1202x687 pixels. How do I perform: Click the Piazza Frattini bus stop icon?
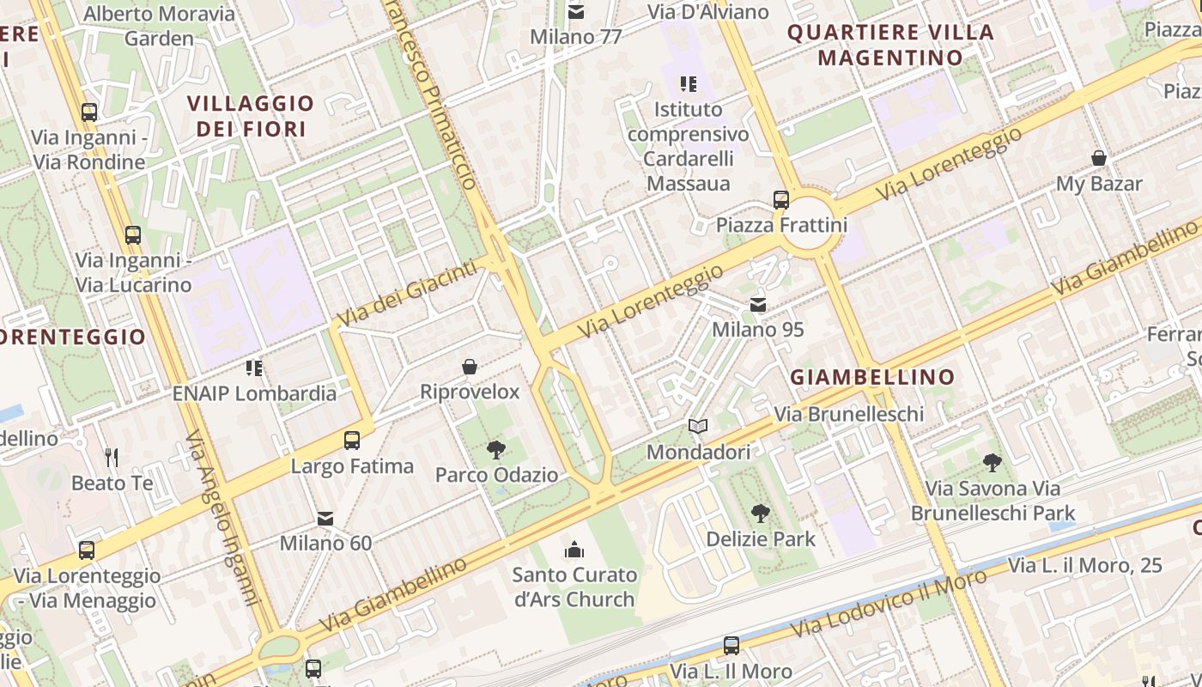click(780, 199)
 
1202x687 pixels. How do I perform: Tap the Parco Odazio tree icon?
click(495, 449)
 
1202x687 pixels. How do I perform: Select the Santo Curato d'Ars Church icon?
click(574, 549)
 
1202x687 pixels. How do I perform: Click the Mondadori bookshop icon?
click(698, 426)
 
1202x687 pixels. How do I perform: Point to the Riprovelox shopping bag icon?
click(470, 367)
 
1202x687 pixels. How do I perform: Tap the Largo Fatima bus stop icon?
click(351, 441)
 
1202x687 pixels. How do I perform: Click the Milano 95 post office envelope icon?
click(757, 305)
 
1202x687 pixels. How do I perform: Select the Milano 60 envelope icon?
click(325, 518)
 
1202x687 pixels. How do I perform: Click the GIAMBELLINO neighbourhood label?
click(871, 377)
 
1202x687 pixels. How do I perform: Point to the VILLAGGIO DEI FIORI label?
click(251, 116)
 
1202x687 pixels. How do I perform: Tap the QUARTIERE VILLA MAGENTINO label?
click(890, 46)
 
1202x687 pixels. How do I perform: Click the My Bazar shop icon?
click(1098, 158)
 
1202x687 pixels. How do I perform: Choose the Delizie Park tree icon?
click(760, 514)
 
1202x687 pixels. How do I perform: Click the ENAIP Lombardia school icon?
click(254, 368)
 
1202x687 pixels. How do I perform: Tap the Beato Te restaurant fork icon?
click(111, 457)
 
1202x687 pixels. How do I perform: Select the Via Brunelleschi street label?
click(848, 414)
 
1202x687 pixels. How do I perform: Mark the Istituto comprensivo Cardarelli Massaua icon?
click(688, 84)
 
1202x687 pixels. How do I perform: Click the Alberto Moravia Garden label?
click(160, 26)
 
